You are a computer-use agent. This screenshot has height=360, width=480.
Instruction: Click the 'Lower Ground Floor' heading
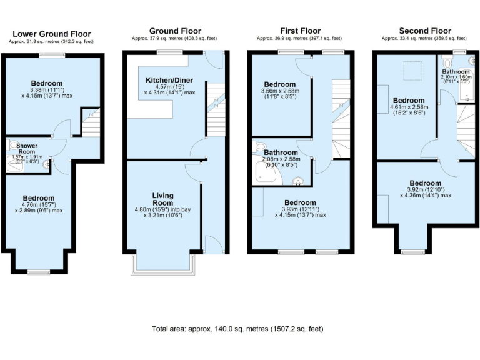point(52,34)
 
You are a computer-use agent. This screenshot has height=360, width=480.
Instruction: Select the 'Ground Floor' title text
point(174,31)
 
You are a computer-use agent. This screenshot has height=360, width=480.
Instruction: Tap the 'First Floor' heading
point(297,31)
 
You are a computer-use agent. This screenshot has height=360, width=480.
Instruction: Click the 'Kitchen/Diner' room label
point(169,81)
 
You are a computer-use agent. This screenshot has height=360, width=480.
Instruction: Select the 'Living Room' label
point(162,199)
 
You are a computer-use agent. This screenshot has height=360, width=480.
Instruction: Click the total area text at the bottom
point(237,329)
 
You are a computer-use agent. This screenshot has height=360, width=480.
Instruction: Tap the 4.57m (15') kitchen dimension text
point(169,87)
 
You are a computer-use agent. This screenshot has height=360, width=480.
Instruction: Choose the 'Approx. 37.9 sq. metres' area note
point(174,38)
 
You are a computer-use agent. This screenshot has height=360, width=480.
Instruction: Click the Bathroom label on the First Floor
point(281,152)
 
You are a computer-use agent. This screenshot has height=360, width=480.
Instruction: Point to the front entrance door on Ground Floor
point(212,244)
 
